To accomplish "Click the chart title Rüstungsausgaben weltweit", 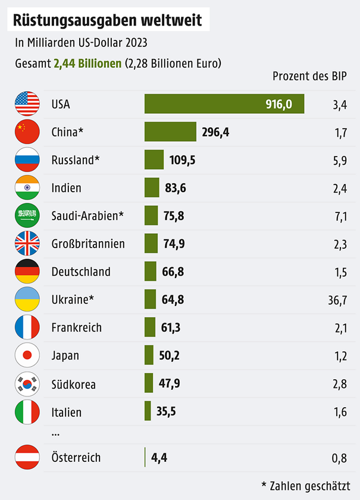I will point(108,20).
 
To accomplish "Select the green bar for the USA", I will point(202,104).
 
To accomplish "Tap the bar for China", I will point(170,132).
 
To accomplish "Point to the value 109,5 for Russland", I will point(183,160).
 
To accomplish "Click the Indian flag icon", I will point(27,187).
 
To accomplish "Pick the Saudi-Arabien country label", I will point(87,215).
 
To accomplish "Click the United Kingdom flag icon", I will point(27,243).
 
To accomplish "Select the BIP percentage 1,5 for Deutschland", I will point(340,271).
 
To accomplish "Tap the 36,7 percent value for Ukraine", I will point(337,299).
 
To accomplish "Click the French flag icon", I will point(27,327).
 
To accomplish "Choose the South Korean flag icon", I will point(27,384).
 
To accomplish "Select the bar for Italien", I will point(148,411).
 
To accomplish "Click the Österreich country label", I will point(76,458).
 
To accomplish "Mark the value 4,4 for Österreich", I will point(159,458).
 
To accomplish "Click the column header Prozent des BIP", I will point(310,76).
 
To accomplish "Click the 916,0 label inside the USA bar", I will point(278,105).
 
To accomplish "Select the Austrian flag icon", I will point(27,458).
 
